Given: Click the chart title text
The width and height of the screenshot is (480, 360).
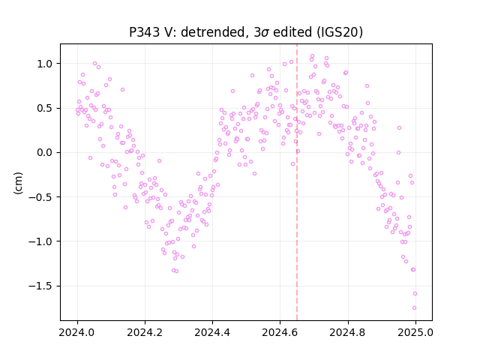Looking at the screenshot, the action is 246,32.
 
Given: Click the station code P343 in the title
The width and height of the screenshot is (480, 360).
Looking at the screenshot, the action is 145,32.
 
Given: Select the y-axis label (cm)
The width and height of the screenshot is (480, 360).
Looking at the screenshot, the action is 18,183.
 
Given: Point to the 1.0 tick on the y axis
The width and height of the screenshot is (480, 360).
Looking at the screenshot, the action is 45,64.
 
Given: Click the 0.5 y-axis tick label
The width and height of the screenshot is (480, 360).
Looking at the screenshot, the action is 45,108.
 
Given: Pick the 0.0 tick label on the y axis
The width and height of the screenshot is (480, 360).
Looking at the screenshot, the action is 45,153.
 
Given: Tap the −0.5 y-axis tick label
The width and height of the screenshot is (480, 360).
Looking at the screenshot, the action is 40,197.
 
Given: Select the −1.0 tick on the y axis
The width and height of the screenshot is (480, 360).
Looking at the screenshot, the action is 40,241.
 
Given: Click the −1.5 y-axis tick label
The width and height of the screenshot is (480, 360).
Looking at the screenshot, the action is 40,286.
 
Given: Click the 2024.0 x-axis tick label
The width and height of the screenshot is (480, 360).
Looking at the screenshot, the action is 77,332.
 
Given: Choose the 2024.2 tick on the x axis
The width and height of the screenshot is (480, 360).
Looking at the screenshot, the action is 145,332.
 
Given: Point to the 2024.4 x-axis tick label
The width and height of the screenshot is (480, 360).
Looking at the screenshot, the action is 212,332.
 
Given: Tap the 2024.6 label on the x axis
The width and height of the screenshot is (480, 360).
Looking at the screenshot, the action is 280,332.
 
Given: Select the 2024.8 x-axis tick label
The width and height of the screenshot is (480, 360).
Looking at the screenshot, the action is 348,332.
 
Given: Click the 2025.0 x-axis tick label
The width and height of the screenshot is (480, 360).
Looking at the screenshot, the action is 415,332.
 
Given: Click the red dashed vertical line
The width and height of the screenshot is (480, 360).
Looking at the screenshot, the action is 297,182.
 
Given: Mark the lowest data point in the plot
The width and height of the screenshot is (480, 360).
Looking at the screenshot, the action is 414,308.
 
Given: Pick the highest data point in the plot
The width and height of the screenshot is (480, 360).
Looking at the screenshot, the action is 312,56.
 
